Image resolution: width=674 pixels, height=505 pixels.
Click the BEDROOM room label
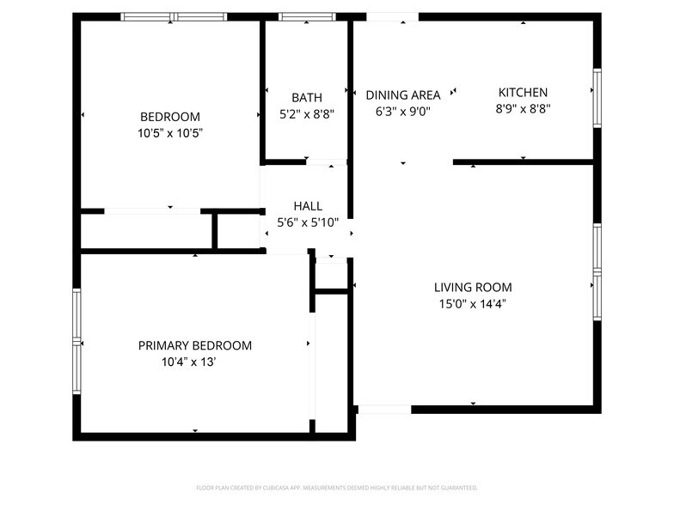point(170,117)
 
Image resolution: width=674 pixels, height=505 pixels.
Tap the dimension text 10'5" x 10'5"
point(170,133)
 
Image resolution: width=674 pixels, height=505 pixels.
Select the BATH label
point(307,97)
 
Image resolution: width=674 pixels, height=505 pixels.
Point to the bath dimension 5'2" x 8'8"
point(307,113)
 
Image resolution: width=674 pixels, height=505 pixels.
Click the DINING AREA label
point(402,94)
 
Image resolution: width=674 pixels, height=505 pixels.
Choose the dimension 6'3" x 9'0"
point(402,111)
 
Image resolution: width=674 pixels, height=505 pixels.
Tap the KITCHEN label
point(523,93)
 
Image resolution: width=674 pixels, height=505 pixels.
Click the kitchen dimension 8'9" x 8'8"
point(523,109)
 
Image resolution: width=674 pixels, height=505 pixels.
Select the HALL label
point(308,206)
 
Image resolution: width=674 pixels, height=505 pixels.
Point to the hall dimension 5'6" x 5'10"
point(308,222)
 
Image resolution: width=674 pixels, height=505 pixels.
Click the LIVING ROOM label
point(473,288)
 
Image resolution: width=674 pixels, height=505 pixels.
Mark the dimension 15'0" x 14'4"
point(473,304)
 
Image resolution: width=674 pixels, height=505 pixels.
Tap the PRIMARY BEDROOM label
point(195,345)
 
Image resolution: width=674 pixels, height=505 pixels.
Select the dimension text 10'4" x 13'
point(189,362)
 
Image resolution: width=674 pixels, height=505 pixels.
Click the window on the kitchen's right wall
point(597,99)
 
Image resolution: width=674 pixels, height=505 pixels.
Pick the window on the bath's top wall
point(307,16)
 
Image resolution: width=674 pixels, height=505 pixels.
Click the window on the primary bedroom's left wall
point(77,341)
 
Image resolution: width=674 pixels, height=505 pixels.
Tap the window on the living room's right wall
point(597,272)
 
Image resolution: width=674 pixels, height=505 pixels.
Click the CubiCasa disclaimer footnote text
point(336,487)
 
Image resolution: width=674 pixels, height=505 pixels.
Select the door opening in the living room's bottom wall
point(383,410)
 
